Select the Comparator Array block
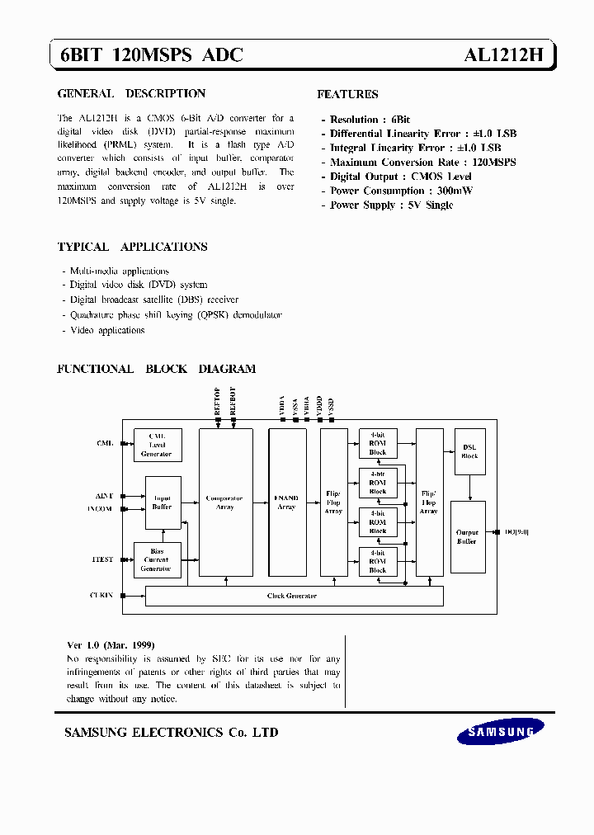[225, 502]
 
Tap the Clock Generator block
[294, 596]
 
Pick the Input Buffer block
[162, 502]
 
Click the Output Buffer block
[467, 536]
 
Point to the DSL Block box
[469, 451]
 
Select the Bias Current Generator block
[157, 559]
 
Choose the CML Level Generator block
[157, 445]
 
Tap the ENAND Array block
[287, 502]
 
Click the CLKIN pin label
[101, 595]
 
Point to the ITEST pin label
[103, 559]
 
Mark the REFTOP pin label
[217, 400]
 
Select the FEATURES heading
[347, 94]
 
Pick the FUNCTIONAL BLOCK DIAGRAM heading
[156, 369]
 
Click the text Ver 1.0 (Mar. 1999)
[111, 644]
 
